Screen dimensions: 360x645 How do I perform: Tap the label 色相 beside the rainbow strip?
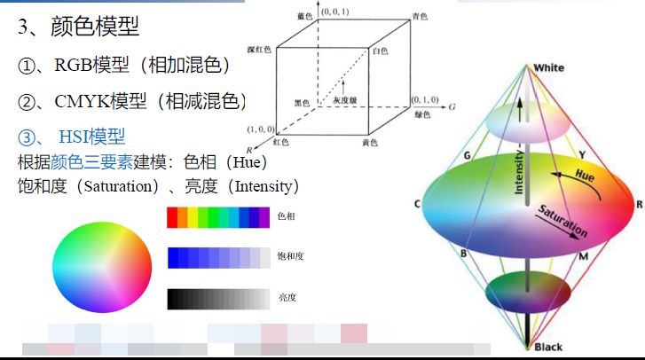(x=286, y=216)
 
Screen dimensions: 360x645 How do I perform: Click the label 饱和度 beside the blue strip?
(x=290, y=257)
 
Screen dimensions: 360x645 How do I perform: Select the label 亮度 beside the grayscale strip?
(x=286, y=298)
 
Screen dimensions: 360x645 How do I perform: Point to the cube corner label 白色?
(x=380, y=51)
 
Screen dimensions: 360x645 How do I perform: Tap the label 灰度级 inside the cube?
(x=346, y=102)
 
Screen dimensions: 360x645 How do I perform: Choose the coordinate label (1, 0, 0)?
(x=261, y=129)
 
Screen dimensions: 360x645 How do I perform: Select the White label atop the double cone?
(x=548, y=68)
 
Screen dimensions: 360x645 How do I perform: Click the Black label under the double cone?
(x=548, y=347)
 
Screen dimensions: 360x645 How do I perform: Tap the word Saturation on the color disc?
(x=562, y=220)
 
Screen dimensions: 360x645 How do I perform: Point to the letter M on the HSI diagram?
(x=583, y=256)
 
